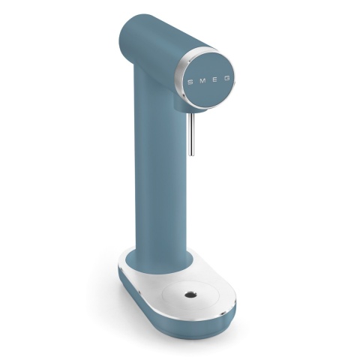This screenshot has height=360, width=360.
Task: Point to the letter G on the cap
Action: click(x=229, y=78)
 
